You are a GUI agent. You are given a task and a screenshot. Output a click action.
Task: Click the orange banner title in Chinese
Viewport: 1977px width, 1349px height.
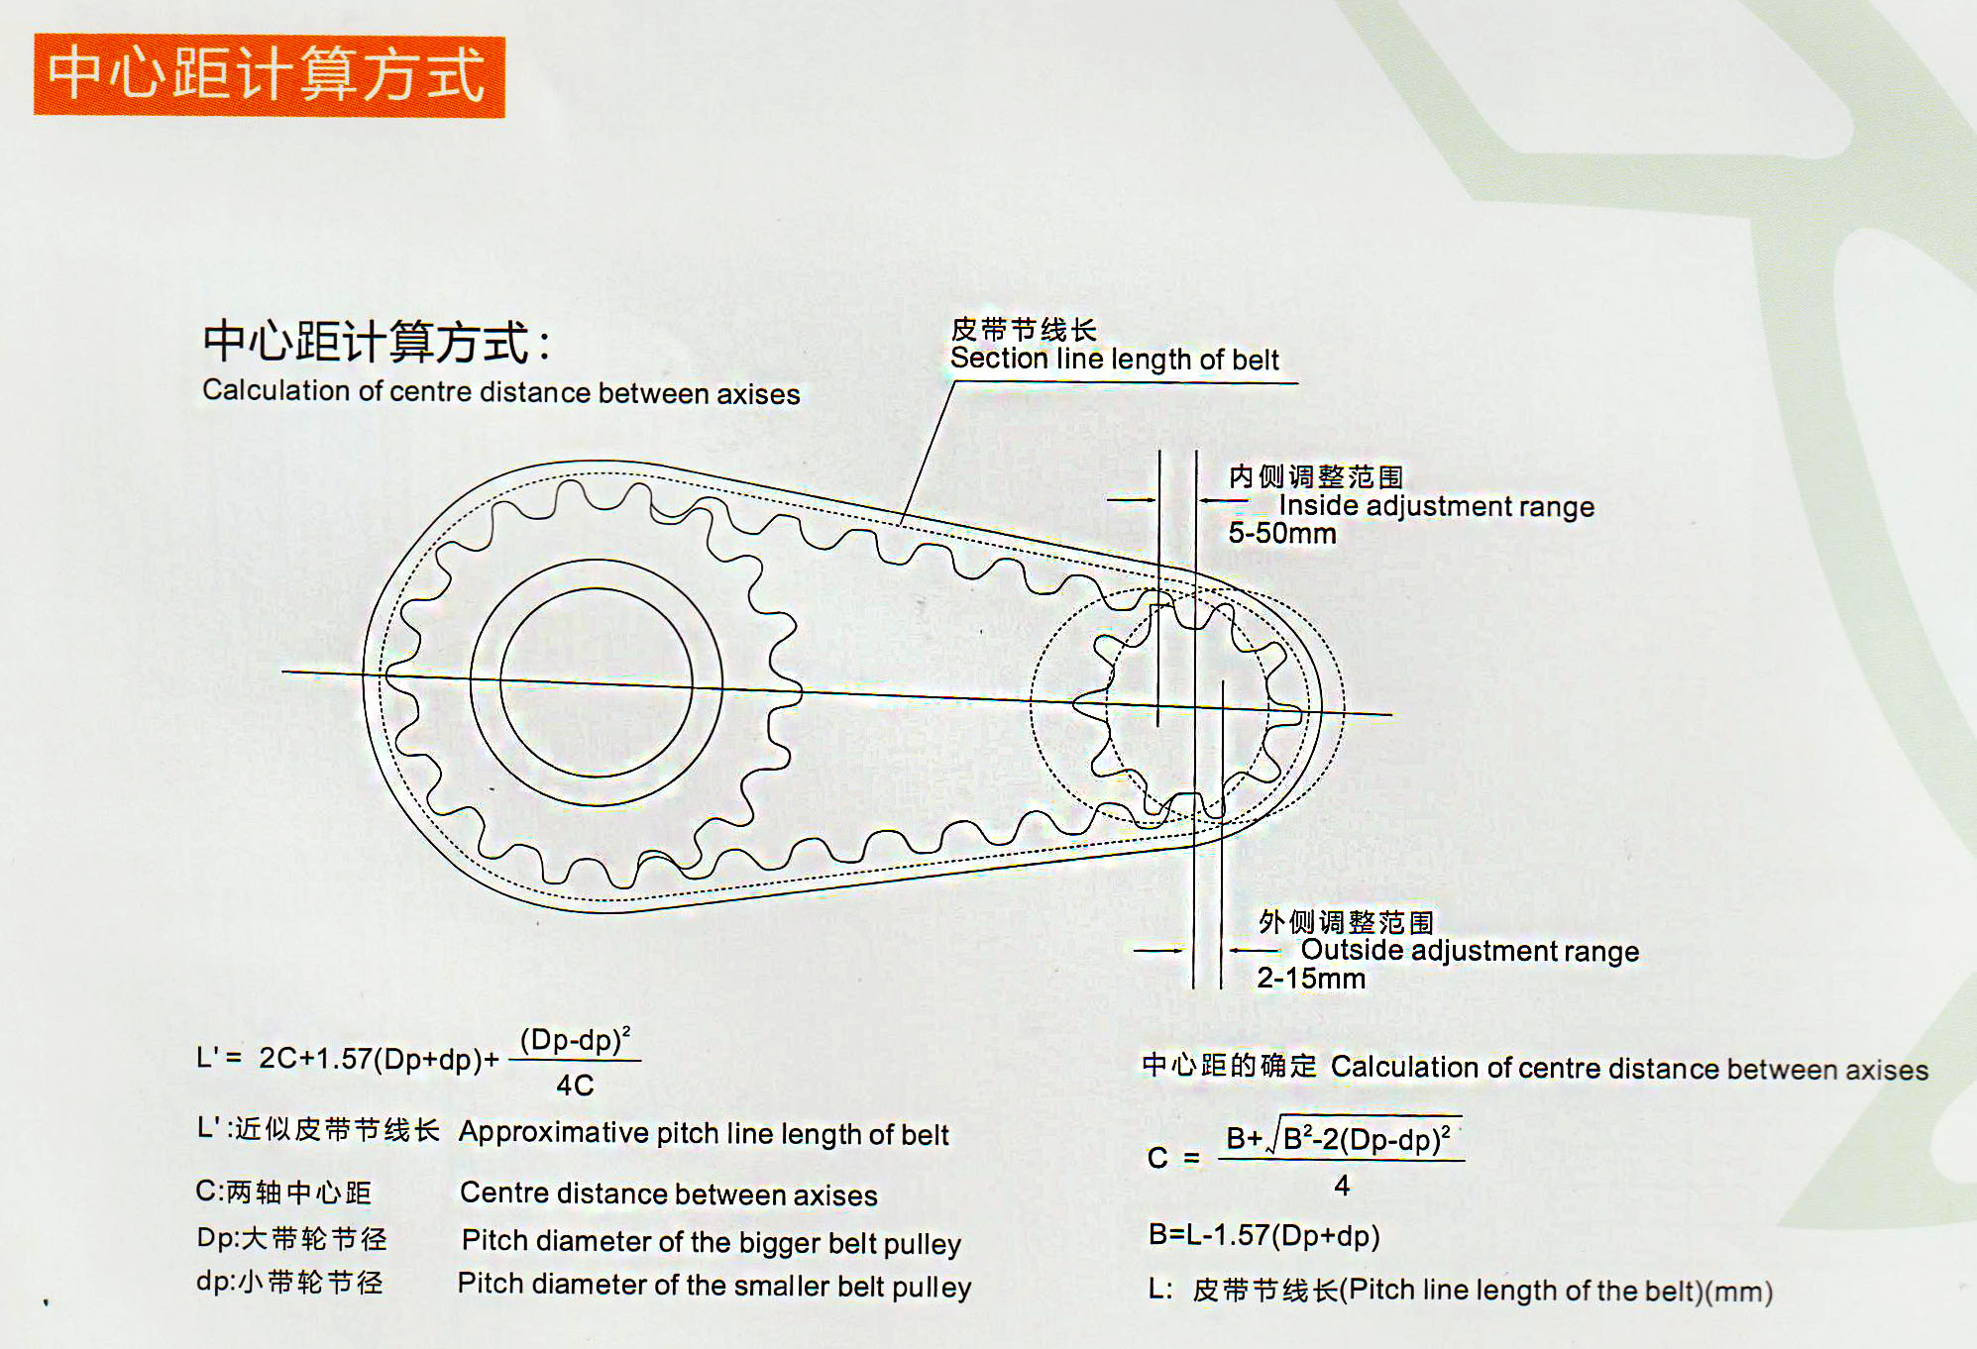tap(268, 75)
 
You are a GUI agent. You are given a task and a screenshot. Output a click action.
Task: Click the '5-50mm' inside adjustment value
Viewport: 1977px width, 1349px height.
tap(1281, 534)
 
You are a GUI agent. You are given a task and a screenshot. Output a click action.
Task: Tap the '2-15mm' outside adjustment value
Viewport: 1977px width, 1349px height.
tap(1310, 979)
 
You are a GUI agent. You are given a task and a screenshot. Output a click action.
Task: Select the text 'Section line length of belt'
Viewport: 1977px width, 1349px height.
tap(1114, 360)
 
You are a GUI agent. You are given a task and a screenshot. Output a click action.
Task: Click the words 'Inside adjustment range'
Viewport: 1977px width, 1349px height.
tap(1436, 506)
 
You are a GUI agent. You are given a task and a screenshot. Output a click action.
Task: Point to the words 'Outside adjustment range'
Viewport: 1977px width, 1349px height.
tap(1469, 951)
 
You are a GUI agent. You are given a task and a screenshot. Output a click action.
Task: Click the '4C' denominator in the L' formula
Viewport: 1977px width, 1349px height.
tap(575, 1086)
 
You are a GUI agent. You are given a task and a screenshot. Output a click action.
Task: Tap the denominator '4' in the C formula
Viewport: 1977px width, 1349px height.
tap(1342, 1186)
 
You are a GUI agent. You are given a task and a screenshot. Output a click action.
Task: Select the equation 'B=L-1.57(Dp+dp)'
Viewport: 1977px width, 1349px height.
tap(1263, 1235)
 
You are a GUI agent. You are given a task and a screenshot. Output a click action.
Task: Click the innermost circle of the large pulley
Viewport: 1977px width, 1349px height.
tap(596, 683)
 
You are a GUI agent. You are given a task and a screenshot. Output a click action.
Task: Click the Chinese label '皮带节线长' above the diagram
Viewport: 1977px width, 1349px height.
tap(1023, 329)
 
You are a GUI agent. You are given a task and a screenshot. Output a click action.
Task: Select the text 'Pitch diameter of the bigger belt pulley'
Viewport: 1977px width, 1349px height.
tap(711, 1242)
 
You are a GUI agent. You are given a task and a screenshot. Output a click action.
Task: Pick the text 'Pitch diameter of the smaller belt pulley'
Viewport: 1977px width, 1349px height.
tap(714, 1286)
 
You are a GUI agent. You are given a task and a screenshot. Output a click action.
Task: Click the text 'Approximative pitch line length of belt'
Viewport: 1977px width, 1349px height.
tap(704, 1134)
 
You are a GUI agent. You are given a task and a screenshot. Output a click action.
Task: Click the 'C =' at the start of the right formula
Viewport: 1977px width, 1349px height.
tap(1173, 1158)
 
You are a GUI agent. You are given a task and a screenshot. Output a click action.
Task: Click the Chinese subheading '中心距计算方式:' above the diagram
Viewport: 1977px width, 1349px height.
tap(377, 342)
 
